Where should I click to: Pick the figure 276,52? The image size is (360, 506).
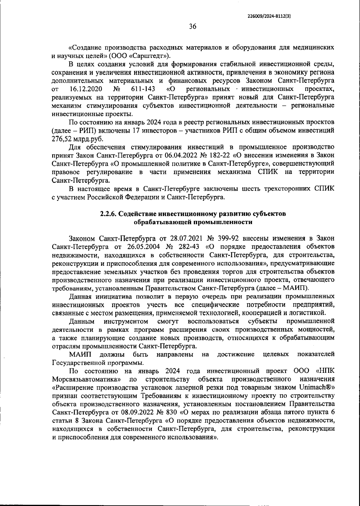pos(62,139)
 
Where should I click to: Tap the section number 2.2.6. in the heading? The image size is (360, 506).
pos(108,214)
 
